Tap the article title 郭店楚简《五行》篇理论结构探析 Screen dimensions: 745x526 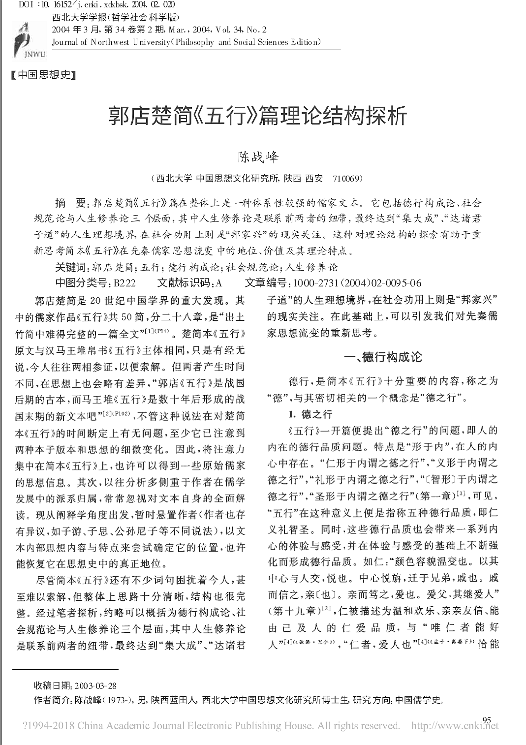tap(257, 116)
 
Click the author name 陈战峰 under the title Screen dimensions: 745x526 tap(258, 157)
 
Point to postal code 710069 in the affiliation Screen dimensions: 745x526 tap(347, 178)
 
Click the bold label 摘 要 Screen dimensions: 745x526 tap(70, 203)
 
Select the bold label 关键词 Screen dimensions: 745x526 tap(70, 267)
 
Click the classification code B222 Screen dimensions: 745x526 tap(124, 283)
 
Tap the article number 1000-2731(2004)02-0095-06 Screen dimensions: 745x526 tap(357, 283)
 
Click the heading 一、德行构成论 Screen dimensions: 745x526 tap(382, 357)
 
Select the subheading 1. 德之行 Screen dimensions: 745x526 tap(310, 414)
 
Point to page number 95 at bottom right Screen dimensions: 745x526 tap(487, 720)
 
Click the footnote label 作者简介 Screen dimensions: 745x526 tap(52, 700)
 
